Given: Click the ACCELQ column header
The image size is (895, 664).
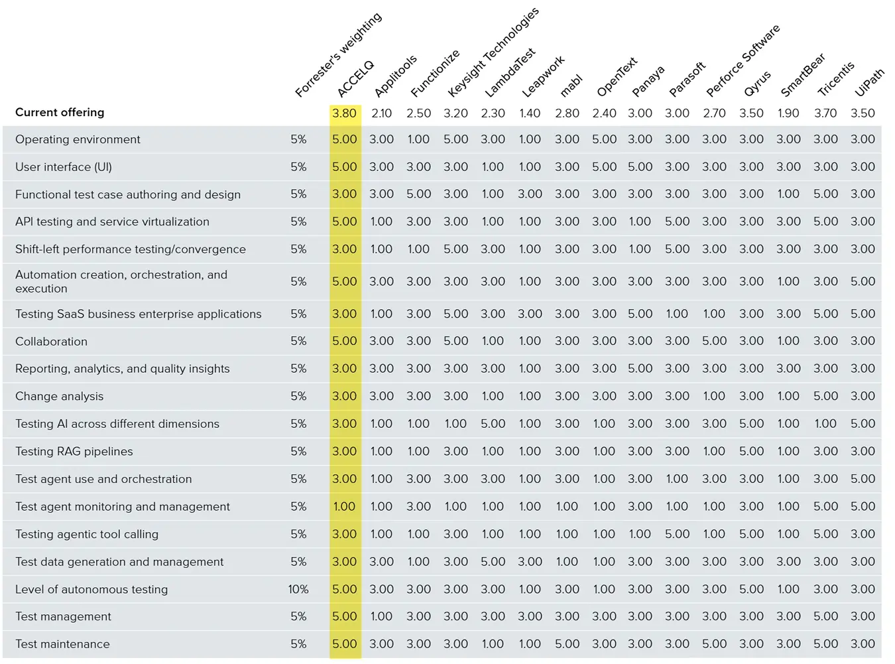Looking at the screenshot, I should pyautogui.click(x=356, y=78).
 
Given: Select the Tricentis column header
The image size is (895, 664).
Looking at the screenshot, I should pyautogui.click(x=836, y=79).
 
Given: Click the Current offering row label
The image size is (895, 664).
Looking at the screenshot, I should pyautogui.click(x=60, y=112).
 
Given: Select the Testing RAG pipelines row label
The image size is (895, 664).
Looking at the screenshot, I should pyautogui.click(x=74, y=451).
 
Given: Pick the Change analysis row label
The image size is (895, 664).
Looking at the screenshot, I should pyautogui.click(x=60, y=396).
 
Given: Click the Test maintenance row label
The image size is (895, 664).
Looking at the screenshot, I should pyautogui.click(x=62, y=643).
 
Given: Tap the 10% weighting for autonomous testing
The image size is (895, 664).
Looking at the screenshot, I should pyautogui.click(x=298, y=589).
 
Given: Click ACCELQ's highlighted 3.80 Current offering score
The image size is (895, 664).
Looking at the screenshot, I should pyautogui.click(x=345, y=113).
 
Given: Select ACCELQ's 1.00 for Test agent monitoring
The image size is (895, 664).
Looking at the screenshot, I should pyautogui.click(x=345, y=506).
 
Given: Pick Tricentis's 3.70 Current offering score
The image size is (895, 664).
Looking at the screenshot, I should pyautogui.click(x=825, y=113).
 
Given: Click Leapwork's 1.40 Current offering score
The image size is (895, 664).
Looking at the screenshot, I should pyautogui.click(x=530, y=113).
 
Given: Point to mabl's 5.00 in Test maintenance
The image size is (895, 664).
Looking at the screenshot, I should pyautogui.click(x=567, y=643).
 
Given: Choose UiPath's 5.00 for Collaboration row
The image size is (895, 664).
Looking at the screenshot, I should pyautogui.click(x=863, y=341).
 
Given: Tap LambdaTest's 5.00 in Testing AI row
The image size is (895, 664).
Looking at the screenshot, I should pyautogui.click(x=493, y=423).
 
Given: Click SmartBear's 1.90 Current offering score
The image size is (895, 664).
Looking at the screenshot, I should pyautogui.click(x=788, y=113).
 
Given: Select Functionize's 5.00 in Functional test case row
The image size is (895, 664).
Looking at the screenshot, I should pyautogui.click(x=418, y=194).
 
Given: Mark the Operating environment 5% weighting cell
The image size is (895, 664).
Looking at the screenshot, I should pyautogui.click(x=298, y=139).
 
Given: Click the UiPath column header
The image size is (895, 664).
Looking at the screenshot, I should pyautogui.click(x=870, y=82).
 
